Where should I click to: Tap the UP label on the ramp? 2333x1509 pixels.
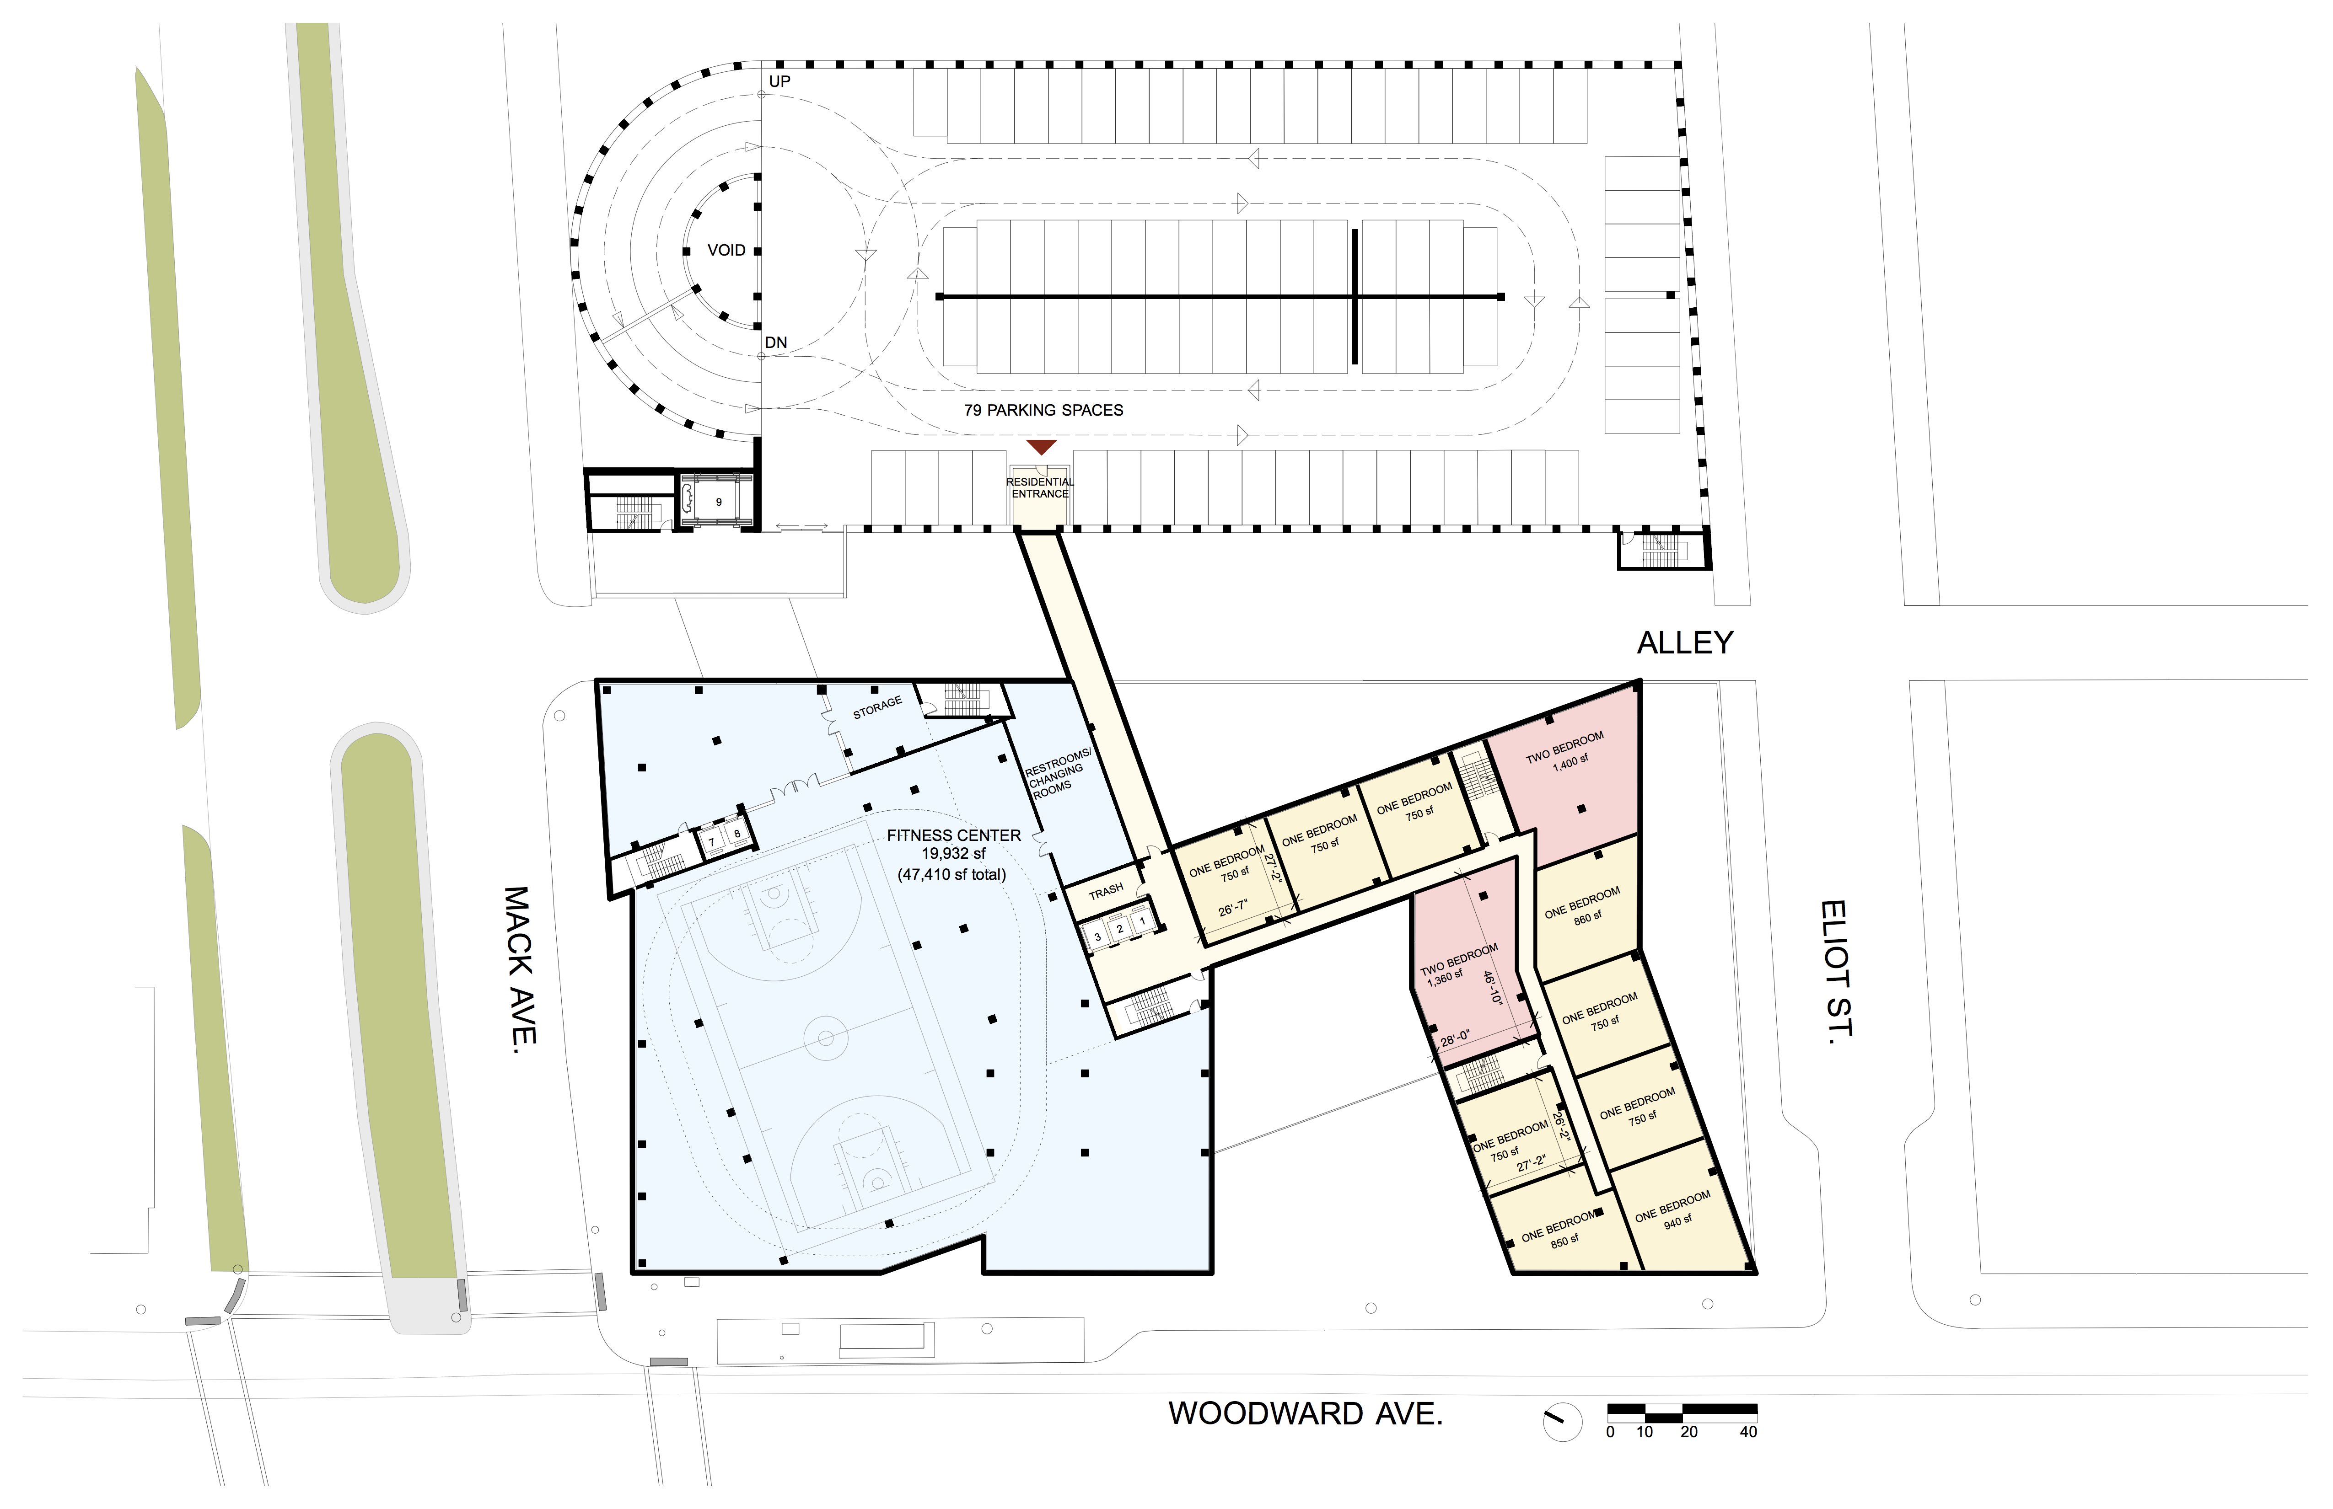[x=779, y=81]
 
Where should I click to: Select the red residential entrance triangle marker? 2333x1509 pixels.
[x=1041, y=447]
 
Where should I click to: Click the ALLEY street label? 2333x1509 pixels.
[x=1685, y=643]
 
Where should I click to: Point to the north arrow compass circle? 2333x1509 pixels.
[x=1563, y=1422]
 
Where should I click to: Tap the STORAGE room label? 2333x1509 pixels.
[x=877, y=707]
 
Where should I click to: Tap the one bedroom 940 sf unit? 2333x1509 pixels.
[x=1678, y=1210]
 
